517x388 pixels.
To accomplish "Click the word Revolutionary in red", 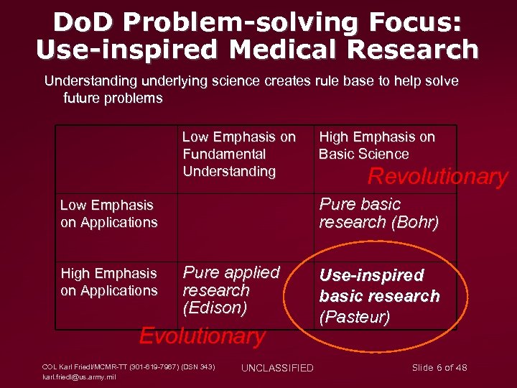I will click(x=437, y=176).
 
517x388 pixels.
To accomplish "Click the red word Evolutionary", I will click(x=202, y=336).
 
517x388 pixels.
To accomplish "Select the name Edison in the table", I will click(x=215, y=308).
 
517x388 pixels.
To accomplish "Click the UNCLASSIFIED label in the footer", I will click(x=277, y=368).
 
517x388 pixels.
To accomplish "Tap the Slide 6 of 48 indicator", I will click(x=439, y=367).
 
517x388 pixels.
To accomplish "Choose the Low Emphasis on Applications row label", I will click(x=108, y=213).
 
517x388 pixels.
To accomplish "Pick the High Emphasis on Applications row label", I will click(x=108, y=282).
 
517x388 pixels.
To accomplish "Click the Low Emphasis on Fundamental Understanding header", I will click(x=238, y=154).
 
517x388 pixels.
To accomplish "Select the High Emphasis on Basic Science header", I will click(x=376, y=145).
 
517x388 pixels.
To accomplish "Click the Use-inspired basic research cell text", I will click(x=379, y=285).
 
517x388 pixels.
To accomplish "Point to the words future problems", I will click(x=113, y=98).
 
